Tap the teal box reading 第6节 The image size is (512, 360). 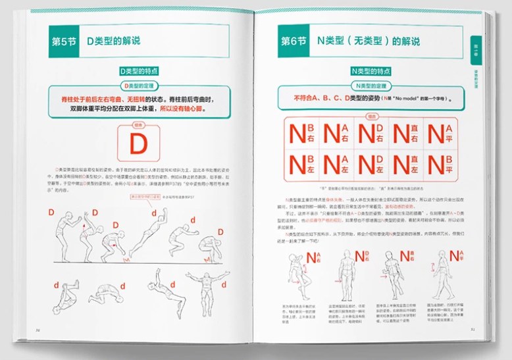[294, 41]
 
